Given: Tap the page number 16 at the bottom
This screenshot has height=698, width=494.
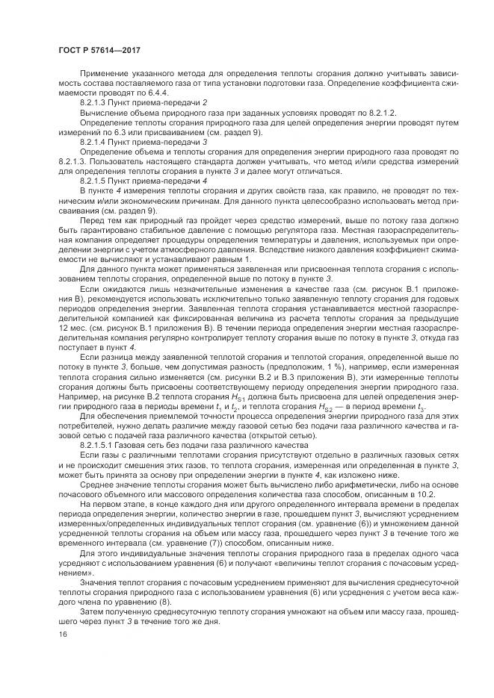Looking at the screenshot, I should (x=62, y=634).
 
